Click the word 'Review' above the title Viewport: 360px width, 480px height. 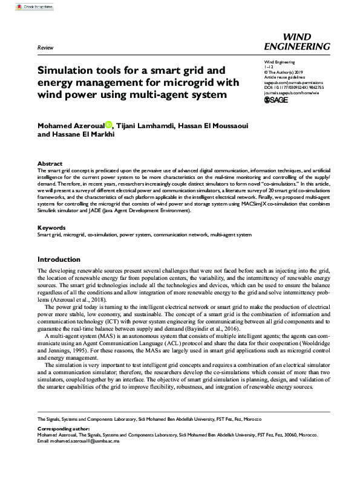tap(45, 47)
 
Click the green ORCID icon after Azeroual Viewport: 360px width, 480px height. tap(108, 125)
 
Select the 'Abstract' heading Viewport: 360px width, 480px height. tap(50, 164)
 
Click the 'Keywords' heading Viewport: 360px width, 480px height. tap(52, 228)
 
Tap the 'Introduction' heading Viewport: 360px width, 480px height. tap(59, 259)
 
